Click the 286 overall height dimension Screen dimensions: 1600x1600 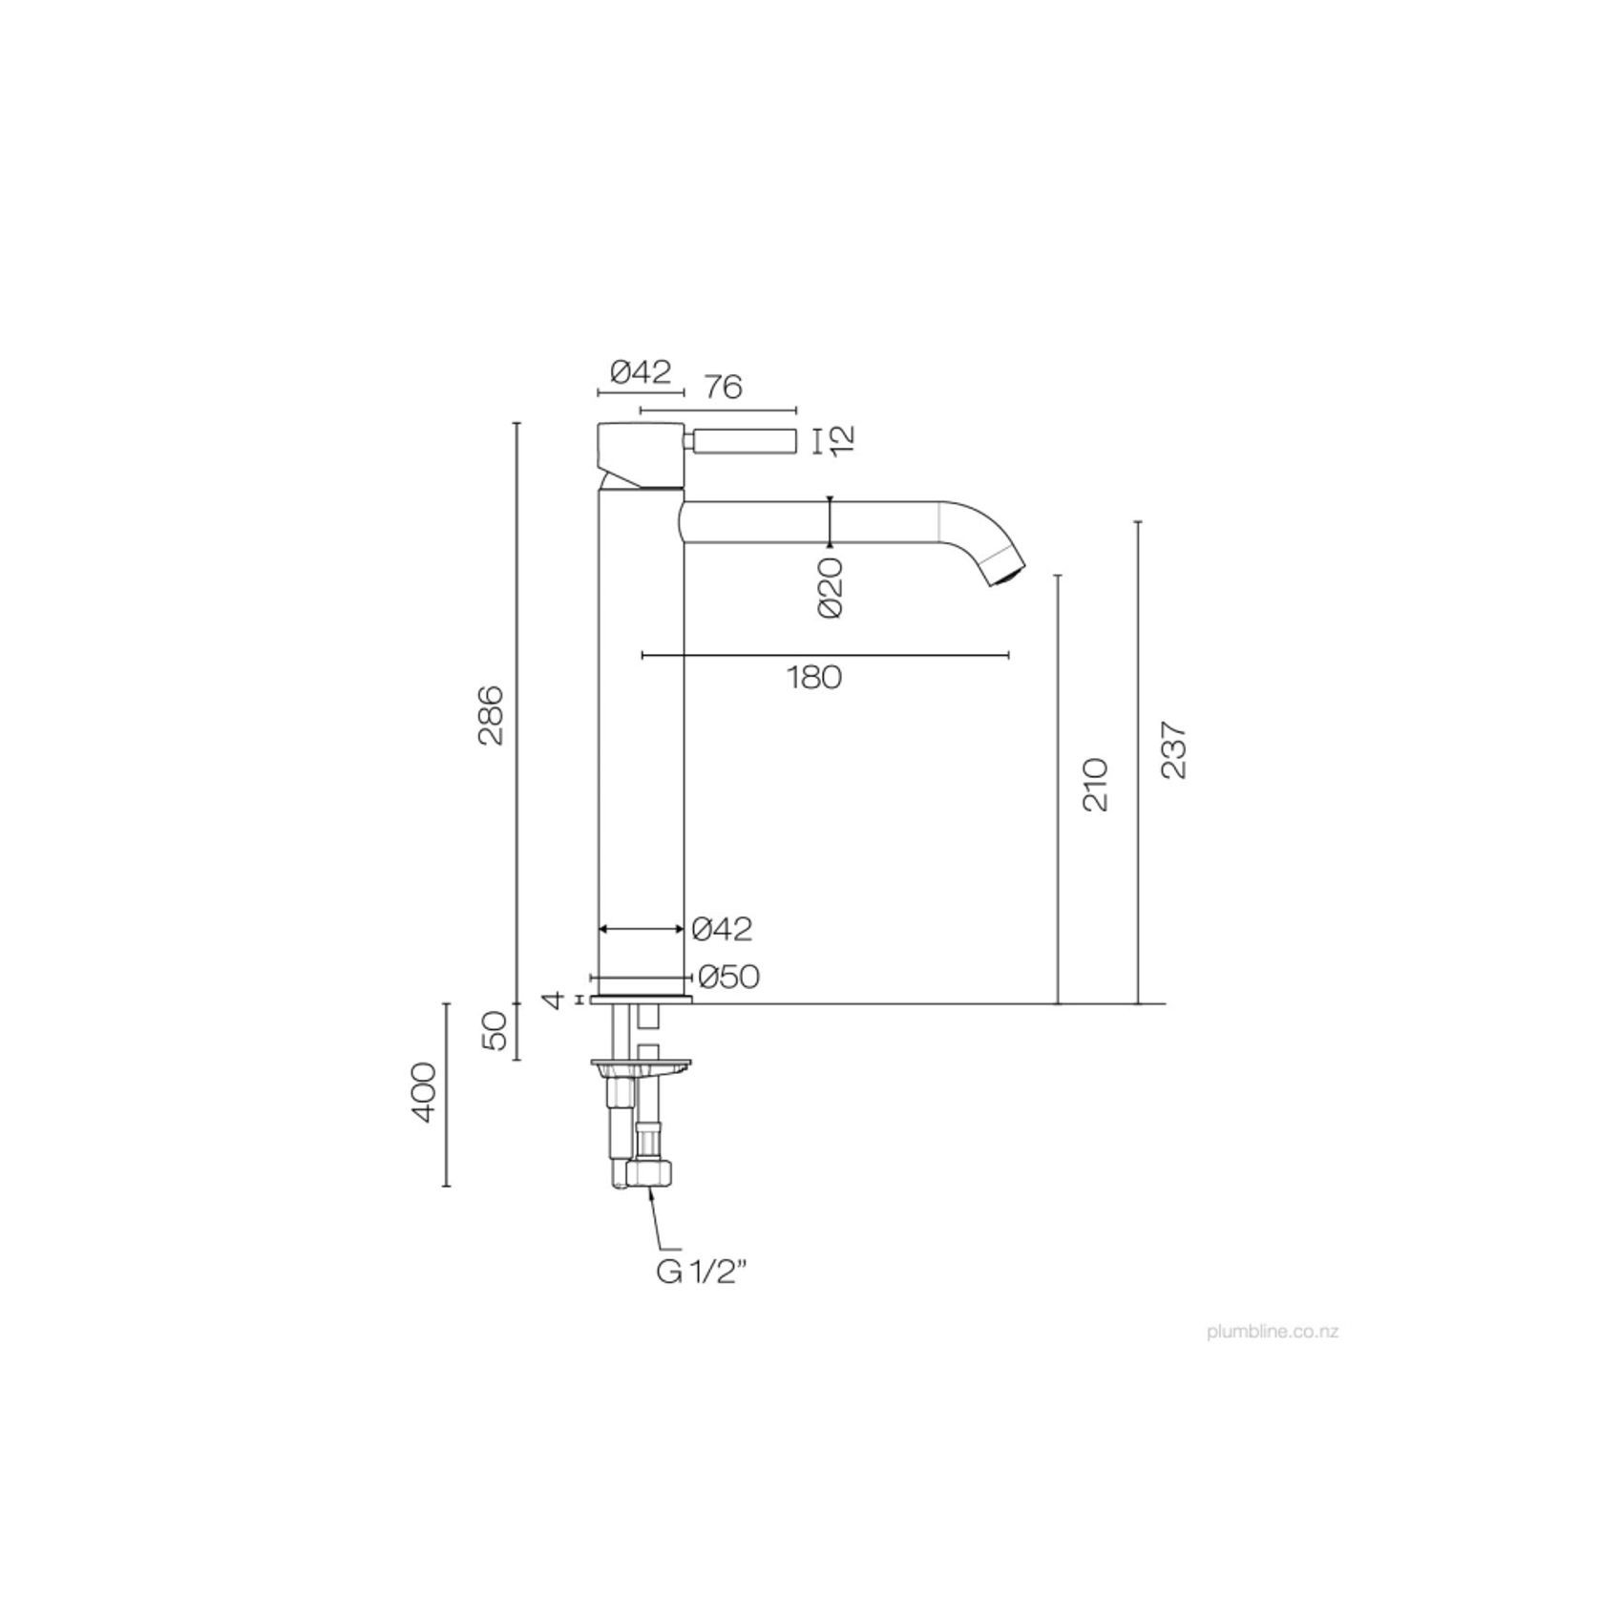[x=491, y=714]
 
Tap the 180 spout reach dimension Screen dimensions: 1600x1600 [x=814, y=677]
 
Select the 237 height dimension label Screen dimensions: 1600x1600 [x=1174, y=750]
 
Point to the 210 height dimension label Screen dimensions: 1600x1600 [x=1096, y=785]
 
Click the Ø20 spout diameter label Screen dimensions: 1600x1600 [x=831, y=588]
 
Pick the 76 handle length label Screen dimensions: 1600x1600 [x=723, y=387]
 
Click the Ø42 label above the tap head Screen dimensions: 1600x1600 [x=641, y=371]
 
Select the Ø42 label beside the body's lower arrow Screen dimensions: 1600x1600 [x=722, y=928]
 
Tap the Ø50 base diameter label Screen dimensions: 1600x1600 [x=728, y=977]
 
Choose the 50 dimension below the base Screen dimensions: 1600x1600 [x=495, y=1031]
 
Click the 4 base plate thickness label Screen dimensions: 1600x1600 [x=552, y=1000]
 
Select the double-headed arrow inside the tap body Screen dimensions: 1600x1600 [x=641, y=928]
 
